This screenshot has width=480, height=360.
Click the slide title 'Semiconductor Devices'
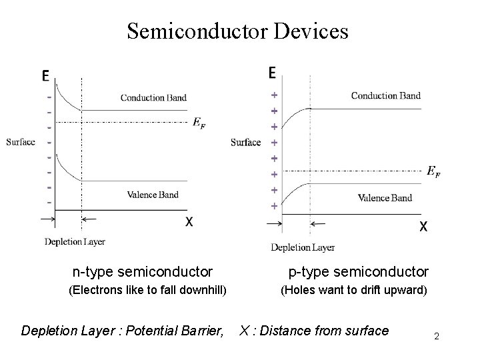(x=237, y=31)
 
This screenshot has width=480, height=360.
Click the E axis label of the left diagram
(x=45, y=77)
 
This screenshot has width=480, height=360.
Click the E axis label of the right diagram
(x=273, y=72)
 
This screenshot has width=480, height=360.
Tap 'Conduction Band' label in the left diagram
(x=153, y=98)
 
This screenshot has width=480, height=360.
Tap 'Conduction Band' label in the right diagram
(x=385, y=95)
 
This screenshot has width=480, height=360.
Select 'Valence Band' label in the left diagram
(x=153, y=195)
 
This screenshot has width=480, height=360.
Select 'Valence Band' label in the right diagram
(x=394, y=197)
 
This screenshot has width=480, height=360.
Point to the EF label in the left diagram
(x=199, y=121)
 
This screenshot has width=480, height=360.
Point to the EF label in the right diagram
(x=434, y=171)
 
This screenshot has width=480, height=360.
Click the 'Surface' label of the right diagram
(x=245, y=142)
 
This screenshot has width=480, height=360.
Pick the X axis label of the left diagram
(x=189, y=221)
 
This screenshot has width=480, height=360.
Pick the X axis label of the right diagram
(x=423, y=226)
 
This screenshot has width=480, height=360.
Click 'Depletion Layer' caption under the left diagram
(x=75, y=241)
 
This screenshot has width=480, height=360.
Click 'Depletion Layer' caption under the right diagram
(x=303, y=248)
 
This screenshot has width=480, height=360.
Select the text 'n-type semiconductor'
(x=143, y=271)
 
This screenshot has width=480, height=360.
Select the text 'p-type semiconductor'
(x=358, y=271)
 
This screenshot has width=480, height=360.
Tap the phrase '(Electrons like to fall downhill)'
(x=148, y=290)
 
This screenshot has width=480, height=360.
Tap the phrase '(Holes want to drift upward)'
(x=353, y=290)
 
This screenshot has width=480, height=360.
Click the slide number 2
(x=436, y=337)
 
